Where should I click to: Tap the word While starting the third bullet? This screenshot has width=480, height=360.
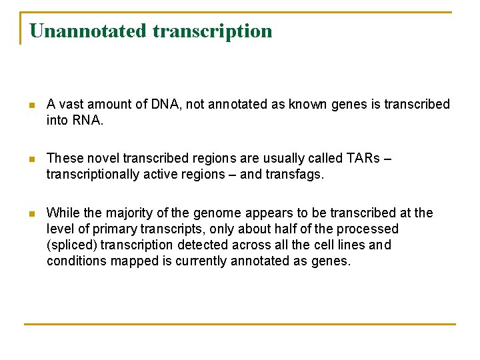(62, 213)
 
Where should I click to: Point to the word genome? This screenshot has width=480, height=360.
(217, 213)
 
